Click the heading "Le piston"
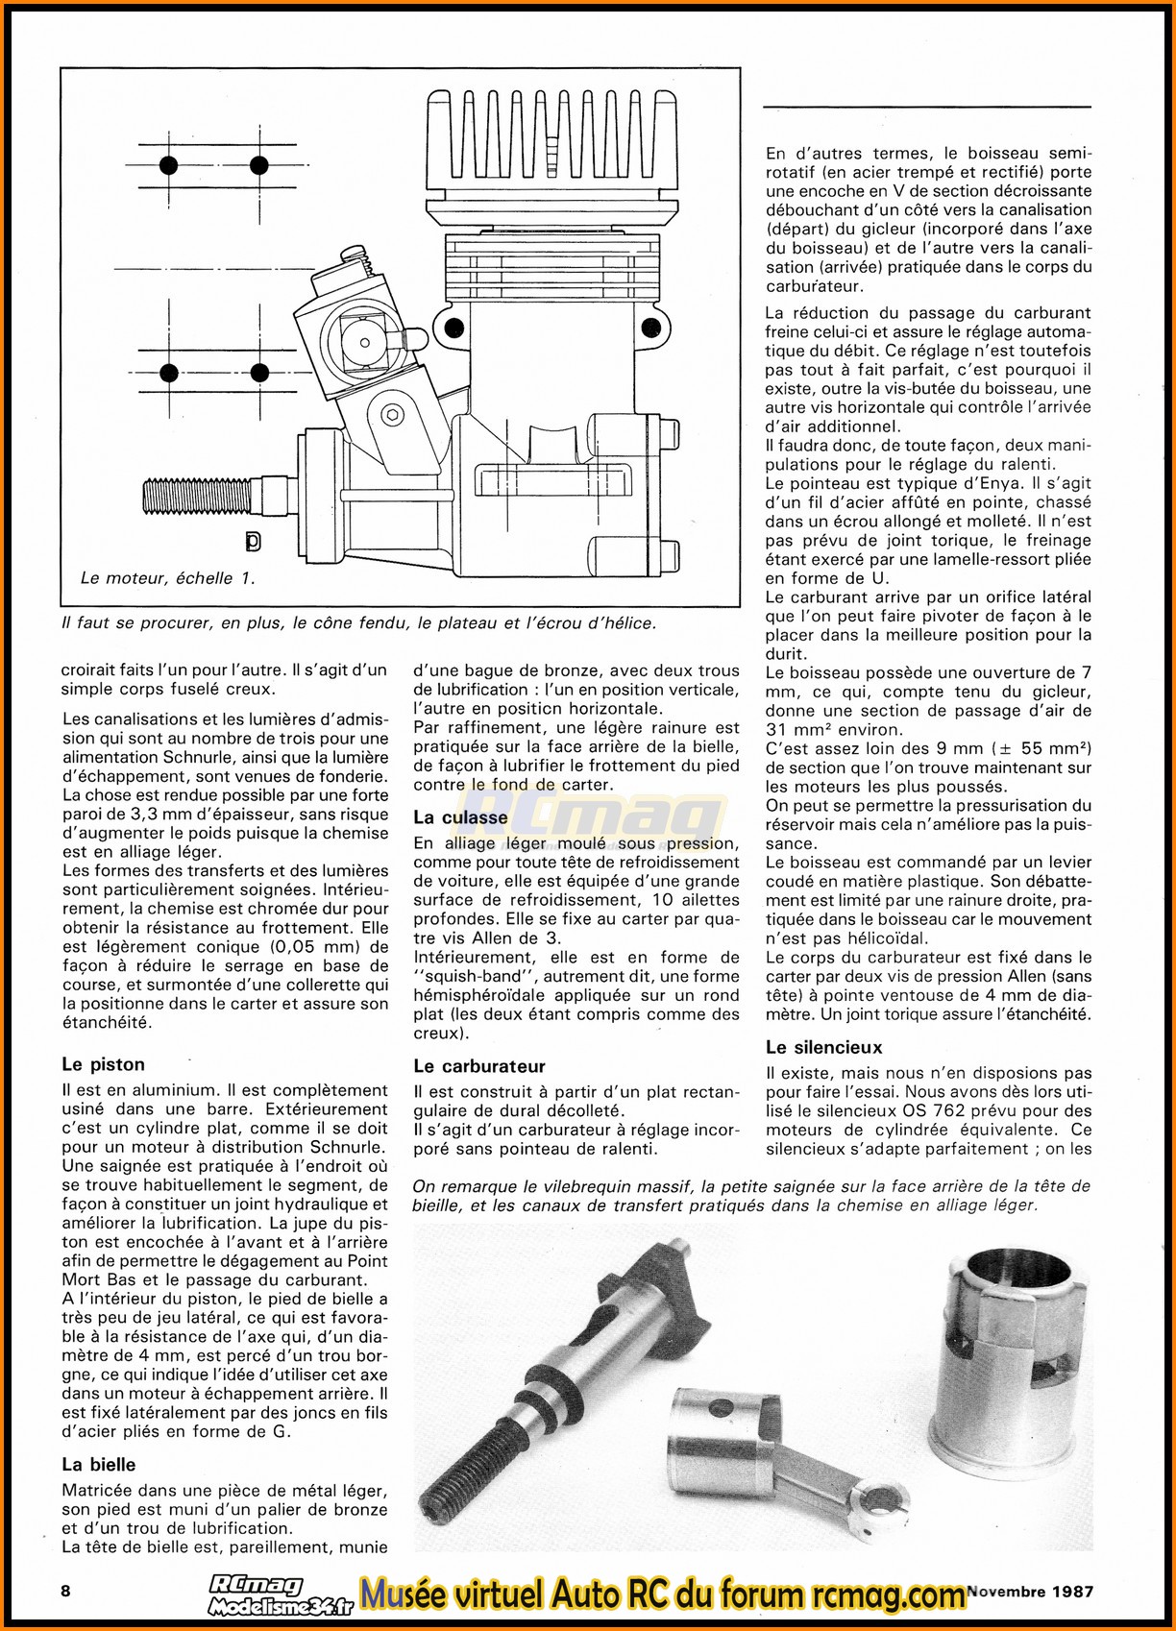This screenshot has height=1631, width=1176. (x=103, y=1064)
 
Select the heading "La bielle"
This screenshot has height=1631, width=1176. (x=98, y=1465)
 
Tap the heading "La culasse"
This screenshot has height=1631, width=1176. (x=460, y=817)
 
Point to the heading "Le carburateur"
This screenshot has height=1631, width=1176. (x=478, y=1066)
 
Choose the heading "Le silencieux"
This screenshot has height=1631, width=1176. (x=823, y=1047)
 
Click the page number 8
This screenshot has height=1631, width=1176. (x=65, y=1590)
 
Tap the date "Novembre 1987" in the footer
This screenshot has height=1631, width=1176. (x=1030, y=1591)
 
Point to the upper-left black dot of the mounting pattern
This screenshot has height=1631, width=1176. (x=169, y=165)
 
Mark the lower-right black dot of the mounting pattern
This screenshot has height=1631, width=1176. (x=258, y=373)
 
